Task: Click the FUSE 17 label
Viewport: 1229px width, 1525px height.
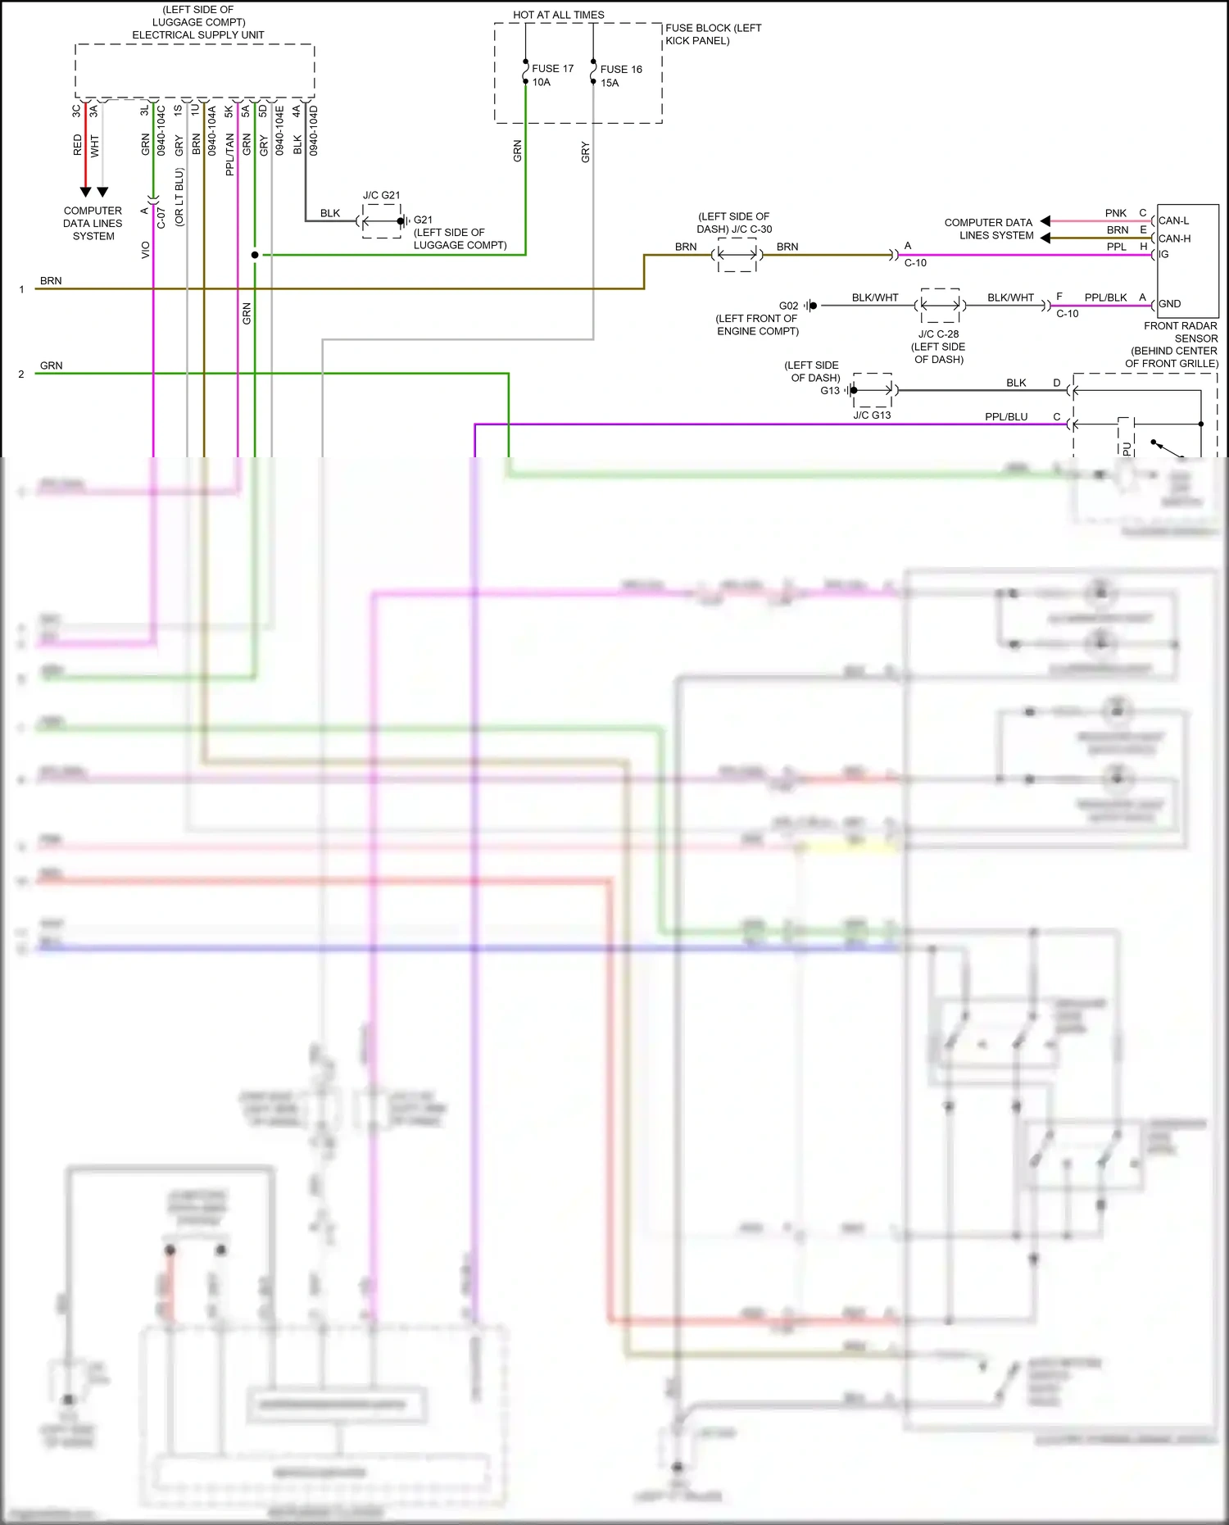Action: tap(552, 69)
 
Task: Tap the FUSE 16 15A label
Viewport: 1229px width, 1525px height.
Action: tap(620, 76)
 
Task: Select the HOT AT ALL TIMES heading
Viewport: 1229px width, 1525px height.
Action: tap(558, 15)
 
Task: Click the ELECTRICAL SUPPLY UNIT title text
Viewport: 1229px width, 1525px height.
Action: tap(197, 35)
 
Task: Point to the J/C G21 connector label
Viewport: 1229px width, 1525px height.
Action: tap(381, 195)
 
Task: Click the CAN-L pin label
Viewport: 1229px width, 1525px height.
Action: tap(1173, 220)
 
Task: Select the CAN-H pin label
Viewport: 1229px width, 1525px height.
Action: tap(1174, 238)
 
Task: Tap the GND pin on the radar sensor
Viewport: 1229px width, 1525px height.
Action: tap(1169, 304)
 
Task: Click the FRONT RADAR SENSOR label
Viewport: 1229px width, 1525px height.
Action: tap(1180, 332)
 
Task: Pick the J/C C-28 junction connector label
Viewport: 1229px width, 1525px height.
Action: tap(938, 334)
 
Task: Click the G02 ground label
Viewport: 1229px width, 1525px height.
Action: tap(788, 306)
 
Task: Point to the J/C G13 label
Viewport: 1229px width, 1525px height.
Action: tap(872, 415)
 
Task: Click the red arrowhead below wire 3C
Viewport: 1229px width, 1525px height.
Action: tap(85, 192)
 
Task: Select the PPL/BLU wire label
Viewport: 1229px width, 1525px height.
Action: tap(1005, 417)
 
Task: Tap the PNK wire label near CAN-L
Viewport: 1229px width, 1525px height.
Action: tap(1115, 213)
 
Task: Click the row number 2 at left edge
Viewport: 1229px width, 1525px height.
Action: tap(21, 374)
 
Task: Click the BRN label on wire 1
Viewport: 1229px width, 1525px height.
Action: tap(51, 281)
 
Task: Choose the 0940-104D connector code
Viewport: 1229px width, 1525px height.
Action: tap(314, 130)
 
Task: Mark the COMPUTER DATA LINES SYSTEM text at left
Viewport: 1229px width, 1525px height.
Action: tap(93, 224)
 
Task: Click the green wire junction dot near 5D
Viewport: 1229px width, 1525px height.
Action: tap(255, 255)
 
